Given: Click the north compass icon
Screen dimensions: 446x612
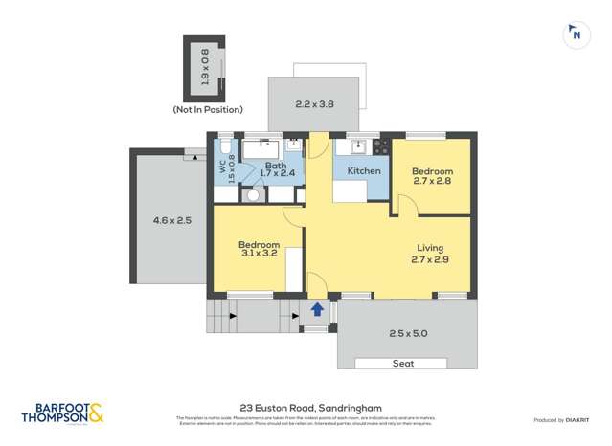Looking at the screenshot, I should click(x=576, y=34).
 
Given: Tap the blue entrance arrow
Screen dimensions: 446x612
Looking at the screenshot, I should click(x=317, y=309).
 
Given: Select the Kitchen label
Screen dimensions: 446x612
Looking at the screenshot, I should click(x=364, y=171).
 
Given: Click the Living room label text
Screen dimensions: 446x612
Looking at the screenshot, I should click(x=429, y=253).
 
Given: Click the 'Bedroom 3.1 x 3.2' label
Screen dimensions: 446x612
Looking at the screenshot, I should click(x=259, y=250).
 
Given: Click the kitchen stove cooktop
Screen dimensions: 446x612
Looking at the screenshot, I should click(x=381, y=147).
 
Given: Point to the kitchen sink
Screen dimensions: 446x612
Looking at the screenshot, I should click(x=359, y=147).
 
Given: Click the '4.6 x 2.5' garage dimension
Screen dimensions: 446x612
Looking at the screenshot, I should click(x=172, y=220).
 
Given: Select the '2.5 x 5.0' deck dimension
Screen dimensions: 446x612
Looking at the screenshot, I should click(x=409, y=333).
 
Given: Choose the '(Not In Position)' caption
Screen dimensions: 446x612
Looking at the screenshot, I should click(x=208, y=110).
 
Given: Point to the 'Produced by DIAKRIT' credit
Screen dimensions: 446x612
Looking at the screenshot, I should click(x=562, y=420).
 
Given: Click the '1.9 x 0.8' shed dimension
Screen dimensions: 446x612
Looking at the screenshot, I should click(x=204, y=66).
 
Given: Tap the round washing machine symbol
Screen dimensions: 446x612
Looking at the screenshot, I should click(x=254, y=194).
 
